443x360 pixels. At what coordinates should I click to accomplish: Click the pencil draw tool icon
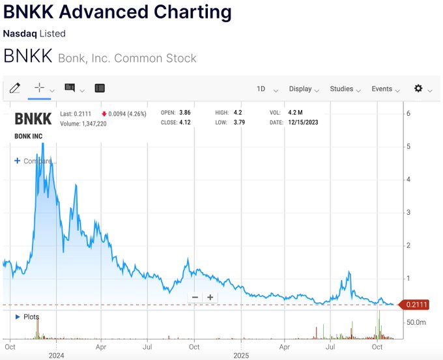[x=15, y=88]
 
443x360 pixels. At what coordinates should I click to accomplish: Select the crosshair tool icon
[x=39, y=87]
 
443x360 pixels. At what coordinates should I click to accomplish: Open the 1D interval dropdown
[x=266, y=89]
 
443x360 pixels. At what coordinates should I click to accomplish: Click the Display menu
[x=304, y=89]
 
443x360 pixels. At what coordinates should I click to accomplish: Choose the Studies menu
[x=345, y=89]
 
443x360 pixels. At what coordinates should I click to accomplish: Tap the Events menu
[x=386, y=89]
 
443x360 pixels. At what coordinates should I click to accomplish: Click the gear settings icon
[x=418, y=88]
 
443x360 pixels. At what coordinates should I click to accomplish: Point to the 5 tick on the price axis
[x=408, y=146]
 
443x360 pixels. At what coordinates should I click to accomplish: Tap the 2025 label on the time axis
[x=241, y=356]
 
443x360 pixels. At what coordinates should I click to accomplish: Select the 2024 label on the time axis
[x=55, y=356]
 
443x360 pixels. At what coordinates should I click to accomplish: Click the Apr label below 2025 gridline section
[x=285, y=348]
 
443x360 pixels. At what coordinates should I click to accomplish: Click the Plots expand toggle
[x=18, y=317]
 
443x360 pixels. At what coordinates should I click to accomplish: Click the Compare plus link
[x=33, y=161]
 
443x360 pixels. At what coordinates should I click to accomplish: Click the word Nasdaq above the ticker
[x=18, y=33]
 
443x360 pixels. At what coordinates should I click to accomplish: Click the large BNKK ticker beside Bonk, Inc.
[x=27, y=57]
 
